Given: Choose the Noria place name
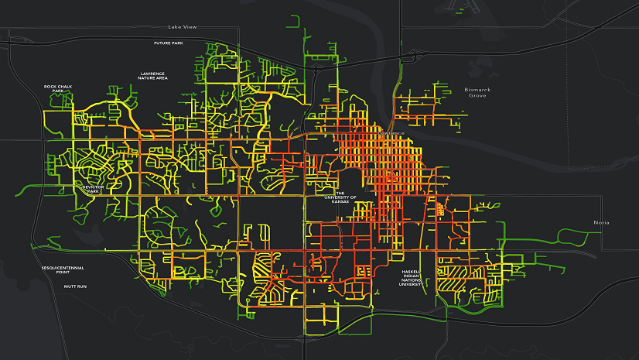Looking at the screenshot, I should pyautogui.click(x=601, y=222).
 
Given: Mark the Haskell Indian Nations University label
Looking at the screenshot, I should pyautogui.click(x=411, y=278).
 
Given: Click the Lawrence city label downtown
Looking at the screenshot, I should pyautogui.click(x=391, y=133).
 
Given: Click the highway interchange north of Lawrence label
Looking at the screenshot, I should pyautogui.click(x=316, y=66).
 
